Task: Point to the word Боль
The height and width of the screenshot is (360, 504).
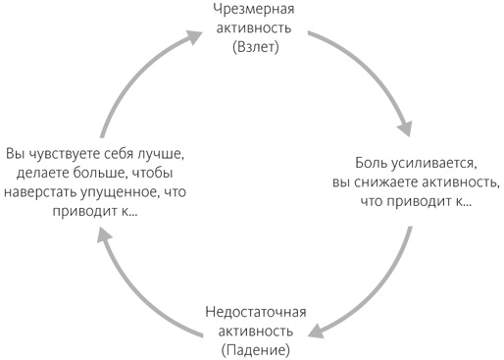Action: tap(375, 164)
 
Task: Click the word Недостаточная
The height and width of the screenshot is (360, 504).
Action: tap(256, 313)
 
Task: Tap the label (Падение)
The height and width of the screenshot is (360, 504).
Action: tap(256, 350)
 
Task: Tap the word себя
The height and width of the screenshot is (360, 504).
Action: tap(123, 153)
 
